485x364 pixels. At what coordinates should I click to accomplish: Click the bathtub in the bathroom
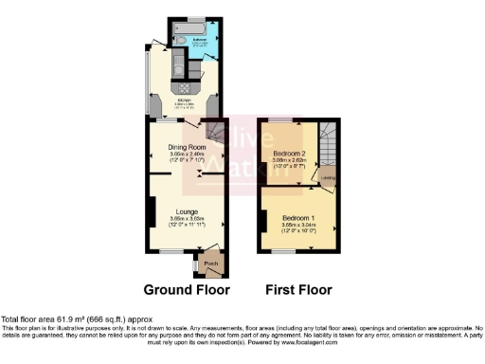coord(197,27)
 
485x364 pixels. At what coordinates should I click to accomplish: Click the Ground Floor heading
coord(185,289)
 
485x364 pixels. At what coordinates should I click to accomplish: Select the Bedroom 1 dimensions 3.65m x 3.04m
coord(297,226)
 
